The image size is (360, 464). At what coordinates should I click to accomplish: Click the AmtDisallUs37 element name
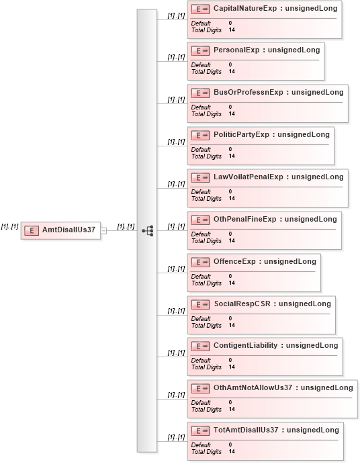pyautogui.click(x=69, y=230)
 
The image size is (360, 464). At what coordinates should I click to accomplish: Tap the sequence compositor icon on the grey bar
pyautogui.click(x=148, y=230)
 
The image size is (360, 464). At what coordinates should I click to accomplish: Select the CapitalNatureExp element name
pyautogui.click(x=245, y=8)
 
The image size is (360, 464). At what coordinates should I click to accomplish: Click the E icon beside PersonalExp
pyautogui.click(x=200, y=51)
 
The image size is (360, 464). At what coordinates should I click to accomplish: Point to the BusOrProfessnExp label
pyautogui.click(x=249, y=92)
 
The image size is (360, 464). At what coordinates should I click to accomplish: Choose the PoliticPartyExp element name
pyautogui.click(x=241, y=135)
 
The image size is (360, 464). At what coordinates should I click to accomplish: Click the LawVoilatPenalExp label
pyautogui.click(x=249, y=177)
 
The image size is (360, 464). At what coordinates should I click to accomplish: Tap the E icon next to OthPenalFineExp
pyautogui.click(x=200, y=220)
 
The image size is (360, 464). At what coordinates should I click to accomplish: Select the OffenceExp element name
pyautogui.click(x=234, y=262)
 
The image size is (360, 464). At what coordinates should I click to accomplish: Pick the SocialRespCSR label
pyautogui.click(x=242, y=304)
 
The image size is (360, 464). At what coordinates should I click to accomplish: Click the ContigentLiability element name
pyautogui.click(x=245, y=345)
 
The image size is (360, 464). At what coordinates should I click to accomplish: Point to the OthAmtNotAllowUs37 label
pyautogui.click(x=253, y=387)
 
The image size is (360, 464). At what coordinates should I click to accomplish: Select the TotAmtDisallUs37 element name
pyautogui.click(x=246, y=430)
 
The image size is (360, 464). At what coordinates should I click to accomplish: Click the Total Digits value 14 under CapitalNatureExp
pyautogui.click(x=232, y=30)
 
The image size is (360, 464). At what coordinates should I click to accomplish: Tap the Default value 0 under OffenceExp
pyautogui.click(x=230, y=276)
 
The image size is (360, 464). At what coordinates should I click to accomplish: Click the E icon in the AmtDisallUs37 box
pyautogui.click(x=32, y=230)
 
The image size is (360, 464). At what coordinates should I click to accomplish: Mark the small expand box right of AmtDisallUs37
pyautogui.click(x=103, y=231)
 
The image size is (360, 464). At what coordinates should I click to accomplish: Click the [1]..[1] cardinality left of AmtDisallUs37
pyautogui.click(x=9, y=227)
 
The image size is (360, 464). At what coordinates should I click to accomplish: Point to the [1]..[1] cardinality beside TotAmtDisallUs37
pyautogui.click(x=176, y=437)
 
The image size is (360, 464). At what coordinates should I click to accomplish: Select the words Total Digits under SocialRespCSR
pyautogui.click(x=206, y=326)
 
